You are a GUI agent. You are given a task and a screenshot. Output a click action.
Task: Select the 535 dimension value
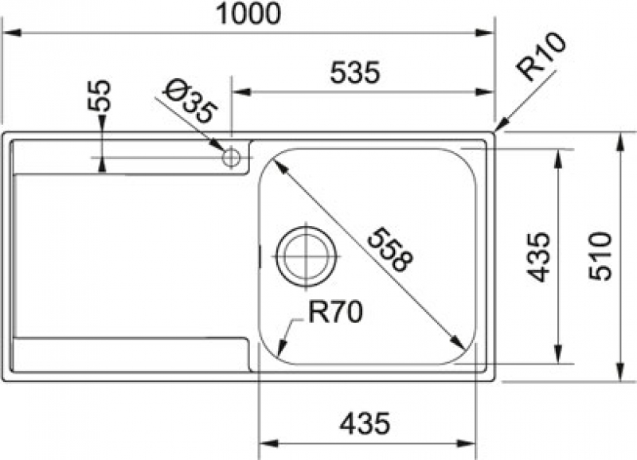pyautogui.click(x=355, y=72)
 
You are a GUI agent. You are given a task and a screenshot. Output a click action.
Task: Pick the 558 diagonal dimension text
pyautogui.click(x=390, y=248)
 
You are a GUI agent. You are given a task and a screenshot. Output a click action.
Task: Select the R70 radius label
pyautogui.click(x=334, y=313)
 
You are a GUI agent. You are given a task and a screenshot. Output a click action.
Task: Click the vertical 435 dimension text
pyautogui.click(x=538, y=256)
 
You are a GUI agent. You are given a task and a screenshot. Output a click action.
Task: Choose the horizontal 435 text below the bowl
pyautogui.click(x=365, y=423)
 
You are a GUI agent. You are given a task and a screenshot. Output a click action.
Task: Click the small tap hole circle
pyautogui.click(x=231, y=157)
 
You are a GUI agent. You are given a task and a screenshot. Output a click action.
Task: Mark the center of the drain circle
pyautogui.click(x=306, y=256)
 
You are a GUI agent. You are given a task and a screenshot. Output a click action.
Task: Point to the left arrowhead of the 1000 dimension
pyautogui.click(x=12, y=33)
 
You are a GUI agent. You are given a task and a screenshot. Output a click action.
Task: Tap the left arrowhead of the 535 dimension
pyautogui.click(x=240, y=92)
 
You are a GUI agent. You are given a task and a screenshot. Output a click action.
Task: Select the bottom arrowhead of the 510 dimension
pyautogui.click(x=620, y=372)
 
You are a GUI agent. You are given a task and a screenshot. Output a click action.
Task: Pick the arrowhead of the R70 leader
pyautogui.click(x=283, y=349)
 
